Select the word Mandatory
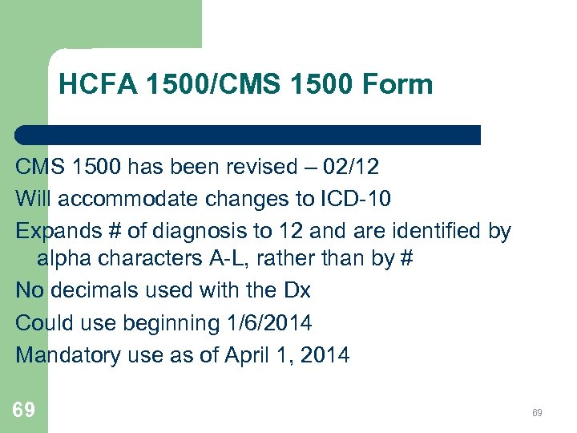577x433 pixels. click(69, 354)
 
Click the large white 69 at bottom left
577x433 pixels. click(24, 411)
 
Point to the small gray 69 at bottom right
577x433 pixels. click(537, 413)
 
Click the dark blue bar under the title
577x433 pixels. click(248, 135)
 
